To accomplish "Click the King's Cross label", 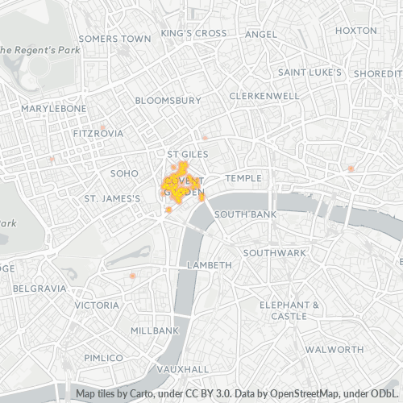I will pyautogui.click(x=193, y=33).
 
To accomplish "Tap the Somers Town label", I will pyautogui.click(x=115, y=38).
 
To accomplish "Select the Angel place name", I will pyautogui.click(x=260, y=34).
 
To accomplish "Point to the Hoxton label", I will pyautogui.click(x=355, y=30).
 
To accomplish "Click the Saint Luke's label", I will pyautogui.click(x=310, y=72).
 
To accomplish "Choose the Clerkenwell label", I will pyautogui.click(x=264, y=95).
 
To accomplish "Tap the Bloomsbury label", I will pyautogui.click(x=168, y=100).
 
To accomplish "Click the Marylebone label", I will pyautogui.click(x=53, y=108).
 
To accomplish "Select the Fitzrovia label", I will pyautogui.click(x=98, y=132).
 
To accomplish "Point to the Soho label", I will pyautogui.click(x=125, y=172).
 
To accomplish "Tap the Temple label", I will pyautogui.click(x=244, y=177).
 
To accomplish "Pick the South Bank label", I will pyautogui.click(x=245, y=214).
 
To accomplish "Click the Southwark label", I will pyautogui.click(x=275, y=252).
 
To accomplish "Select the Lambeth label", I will pyautogui.click(x=209, y=264).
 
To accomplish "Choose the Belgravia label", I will pyautogui.click(x=39, y=288).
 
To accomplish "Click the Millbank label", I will pyautogui.click(x=154, y=330).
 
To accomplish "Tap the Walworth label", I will pyautogui.click(x=334, y=350).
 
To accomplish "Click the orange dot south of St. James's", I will pyautogui.click(x=132, y=276).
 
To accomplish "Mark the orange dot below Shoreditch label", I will pyautogui.click(x=351, y=168).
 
